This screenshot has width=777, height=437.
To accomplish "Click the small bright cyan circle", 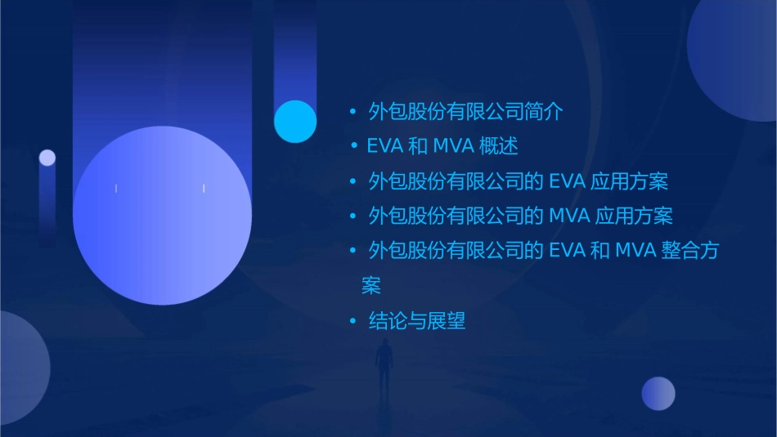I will coord(295,121).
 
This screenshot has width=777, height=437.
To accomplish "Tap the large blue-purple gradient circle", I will coord(162,215).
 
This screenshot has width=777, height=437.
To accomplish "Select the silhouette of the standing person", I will coord(383,365).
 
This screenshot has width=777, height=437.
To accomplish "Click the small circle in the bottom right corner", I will coord(658,394).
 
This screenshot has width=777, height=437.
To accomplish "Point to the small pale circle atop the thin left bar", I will coord(47,158).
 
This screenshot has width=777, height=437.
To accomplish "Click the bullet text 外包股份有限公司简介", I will coord(465,112).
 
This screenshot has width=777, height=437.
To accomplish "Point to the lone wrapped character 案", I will coord(371,287).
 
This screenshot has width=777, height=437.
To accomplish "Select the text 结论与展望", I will coord(417,321).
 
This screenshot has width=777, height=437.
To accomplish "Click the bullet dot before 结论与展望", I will coord(353,321).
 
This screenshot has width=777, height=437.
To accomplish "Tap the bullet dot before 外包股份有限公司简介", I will coord(353,112).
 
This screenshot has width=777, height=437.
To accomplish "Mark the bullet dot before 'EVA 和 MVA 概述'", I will coord(354,147).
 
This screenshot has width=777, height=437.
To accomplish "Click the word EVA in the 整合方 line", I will coord(567,251).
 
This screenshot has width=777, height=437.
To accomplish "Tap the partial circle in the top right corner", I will coord(736,53).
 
